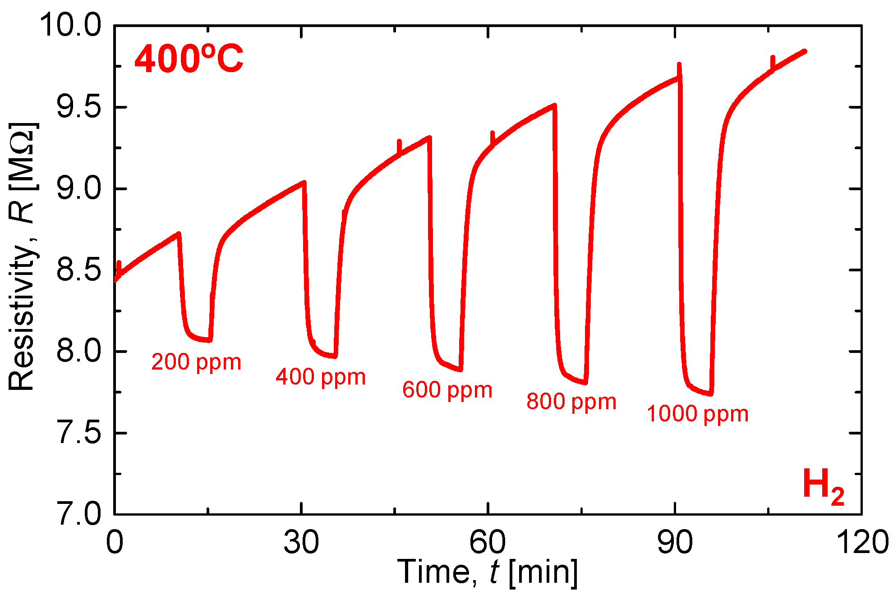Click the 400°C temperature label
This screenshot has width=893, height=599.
(189, 59)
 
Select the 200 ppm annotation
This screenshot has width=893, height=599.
(196, 362)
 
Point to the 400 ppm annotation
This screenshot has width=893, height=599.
(321, 377)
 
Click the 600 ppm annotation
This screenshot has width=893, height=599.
(447, 390)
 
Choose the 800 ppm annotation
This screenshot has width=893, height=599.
(571, 402)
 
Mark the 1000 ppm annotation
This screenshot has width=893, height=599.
(697, 414)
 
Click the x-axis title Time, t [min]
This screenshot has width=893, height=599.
(487, 572)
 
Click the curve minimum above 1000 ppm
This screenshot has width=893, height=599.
(710, 394)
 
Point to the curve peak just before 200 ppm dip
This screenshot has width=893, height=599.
(179, 233)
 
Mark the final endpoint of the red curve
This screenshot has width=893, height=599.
(805, 51)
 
